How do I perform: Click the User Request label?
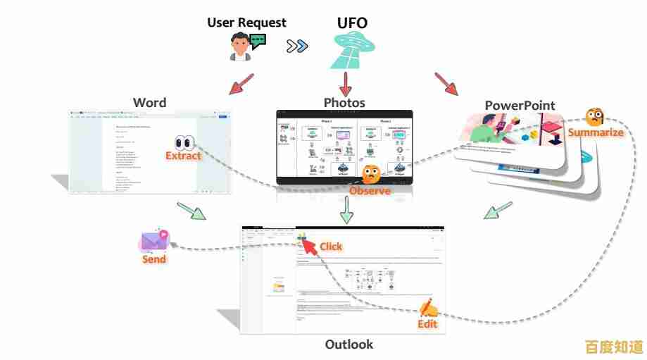[x=246, y=23]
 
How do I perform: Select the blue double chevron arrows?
[x=297, y=46]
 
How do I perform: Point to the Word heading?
[x=149, y=102]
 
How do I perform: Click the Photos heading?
[x=344, y=102]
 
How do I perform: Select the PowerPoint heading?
[x=520, y=106]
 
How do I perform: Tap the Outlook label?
[x=348, y=345]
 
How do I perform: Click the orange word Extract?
[x=183, y=156]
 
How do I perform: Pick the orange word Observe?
[x=370, y=191]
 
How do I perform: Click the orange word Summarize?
[x=596, y=132]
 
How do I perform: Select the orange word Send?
[x=154, y=259]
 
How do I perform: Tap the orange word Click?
[x=331, y=246]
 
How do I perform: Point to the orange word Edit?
[x=427, y=324]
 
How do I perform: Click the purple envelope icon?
[x=154, y=241]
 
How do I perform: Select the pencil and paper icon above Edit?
[x=428, y=308]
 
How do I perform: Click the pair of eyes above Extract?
[x=184, y=141]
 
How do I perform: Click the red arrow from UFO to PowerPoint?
[x=446, y=83]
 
